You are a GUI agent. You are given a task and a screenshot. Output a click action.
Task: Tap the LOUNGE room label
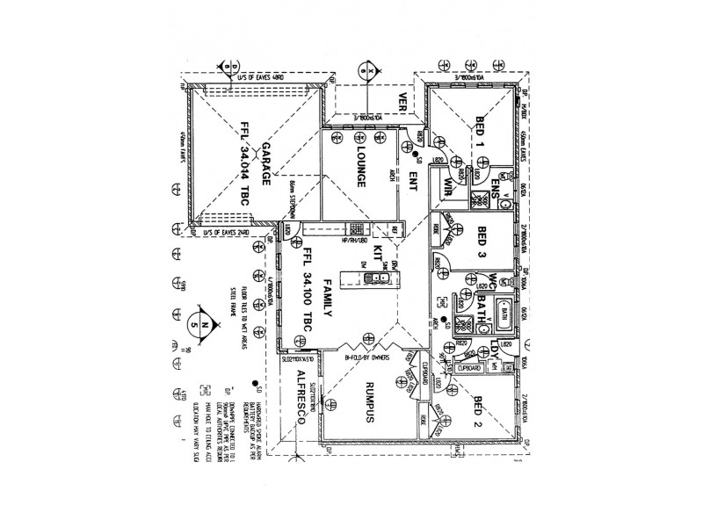point(360,167)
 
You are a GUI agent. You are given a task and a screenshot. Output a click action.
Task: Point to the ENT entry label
point(411,181)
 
